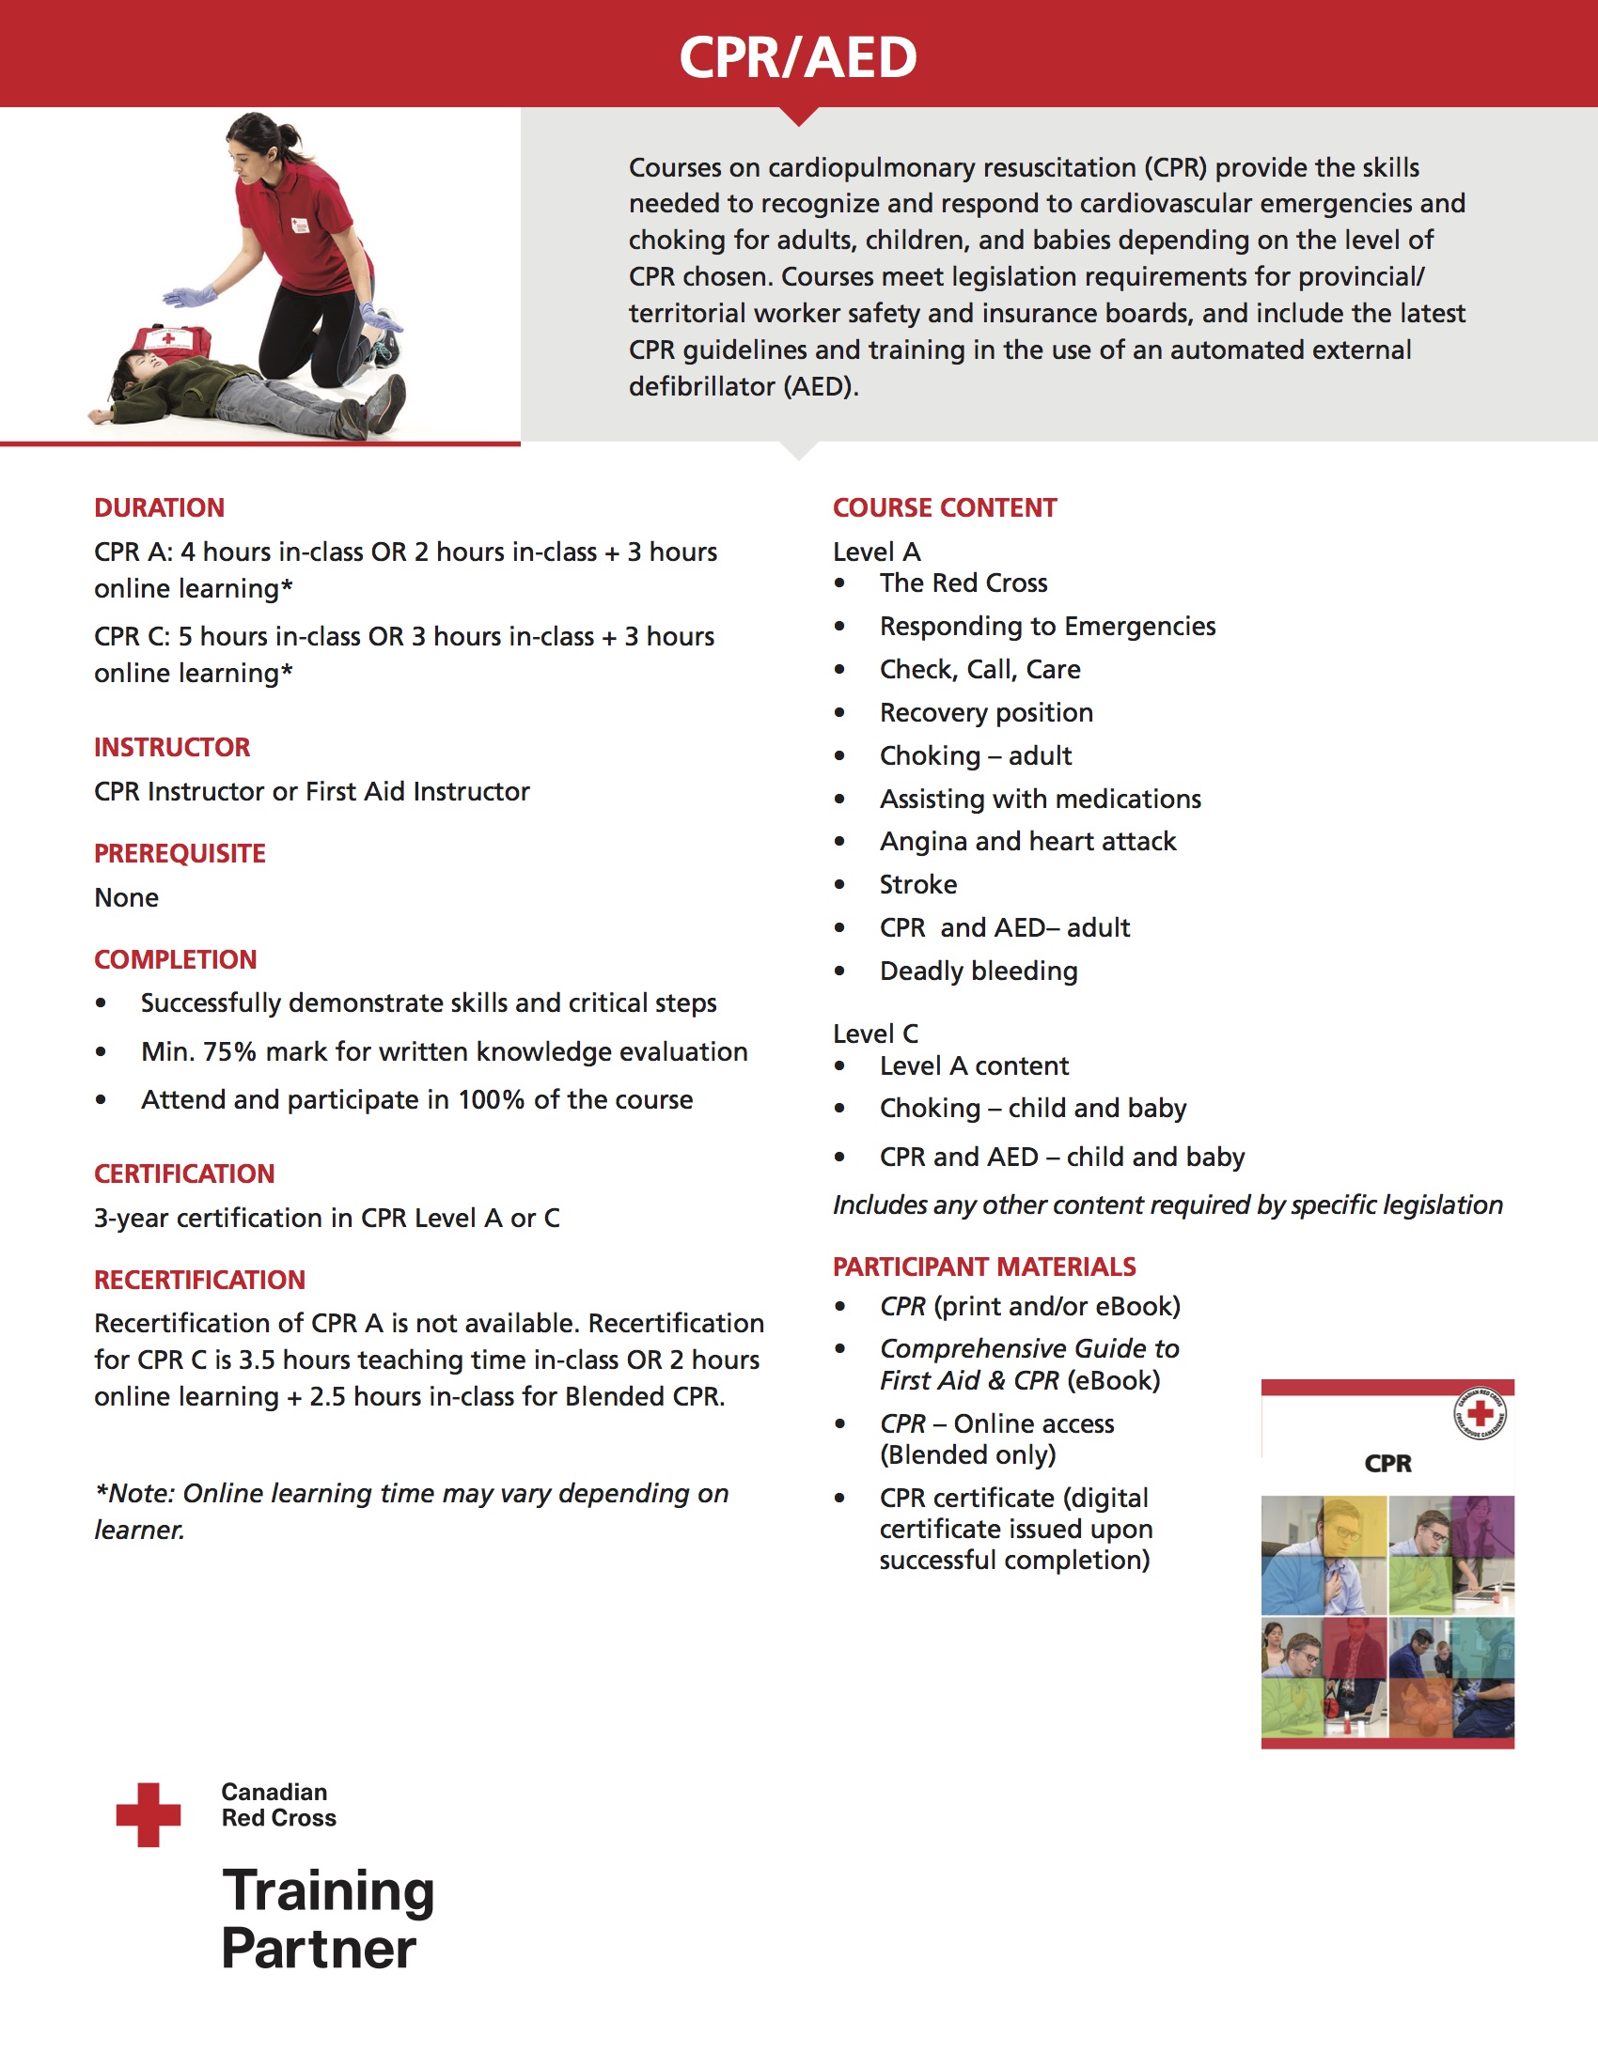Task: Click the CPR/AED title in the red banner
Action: click(x=798, y=57)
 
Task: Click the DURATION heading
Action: click(x=159, y=508)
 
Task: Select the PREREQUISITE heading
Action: click(x=180, y=854)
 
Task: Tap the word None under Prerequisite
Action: click(x=127, y=897)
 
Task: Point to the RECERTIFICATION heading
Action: click(x=199, y=1280)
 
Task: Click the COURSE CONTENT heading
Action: click(x=944, y=508)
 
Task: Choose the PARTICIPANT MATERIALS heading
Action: click(x=983, y=1267)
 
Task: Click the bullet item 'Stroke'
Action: click(x=917, y=885)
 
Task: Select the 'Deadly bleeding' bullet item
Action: click(x=978, y=971)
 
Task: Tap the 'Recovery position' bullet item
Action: click(x=985, y=713)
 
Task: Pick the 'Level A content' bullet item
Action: click(x=973, y=1065)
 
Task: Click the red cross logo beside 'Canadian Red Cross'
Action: click(x=149, y=1814)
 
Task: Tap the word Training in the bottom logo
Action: click(x=327, y=1891)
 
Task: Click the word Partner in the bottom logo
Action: click(x=319, y=1949)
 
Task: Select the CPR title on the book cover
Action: click(x=1387, y=1463)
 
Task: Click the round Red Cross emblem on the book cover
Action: click(x=1480, y=1415)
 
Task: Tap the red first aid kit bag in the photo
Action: click(x=171, y=341)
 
